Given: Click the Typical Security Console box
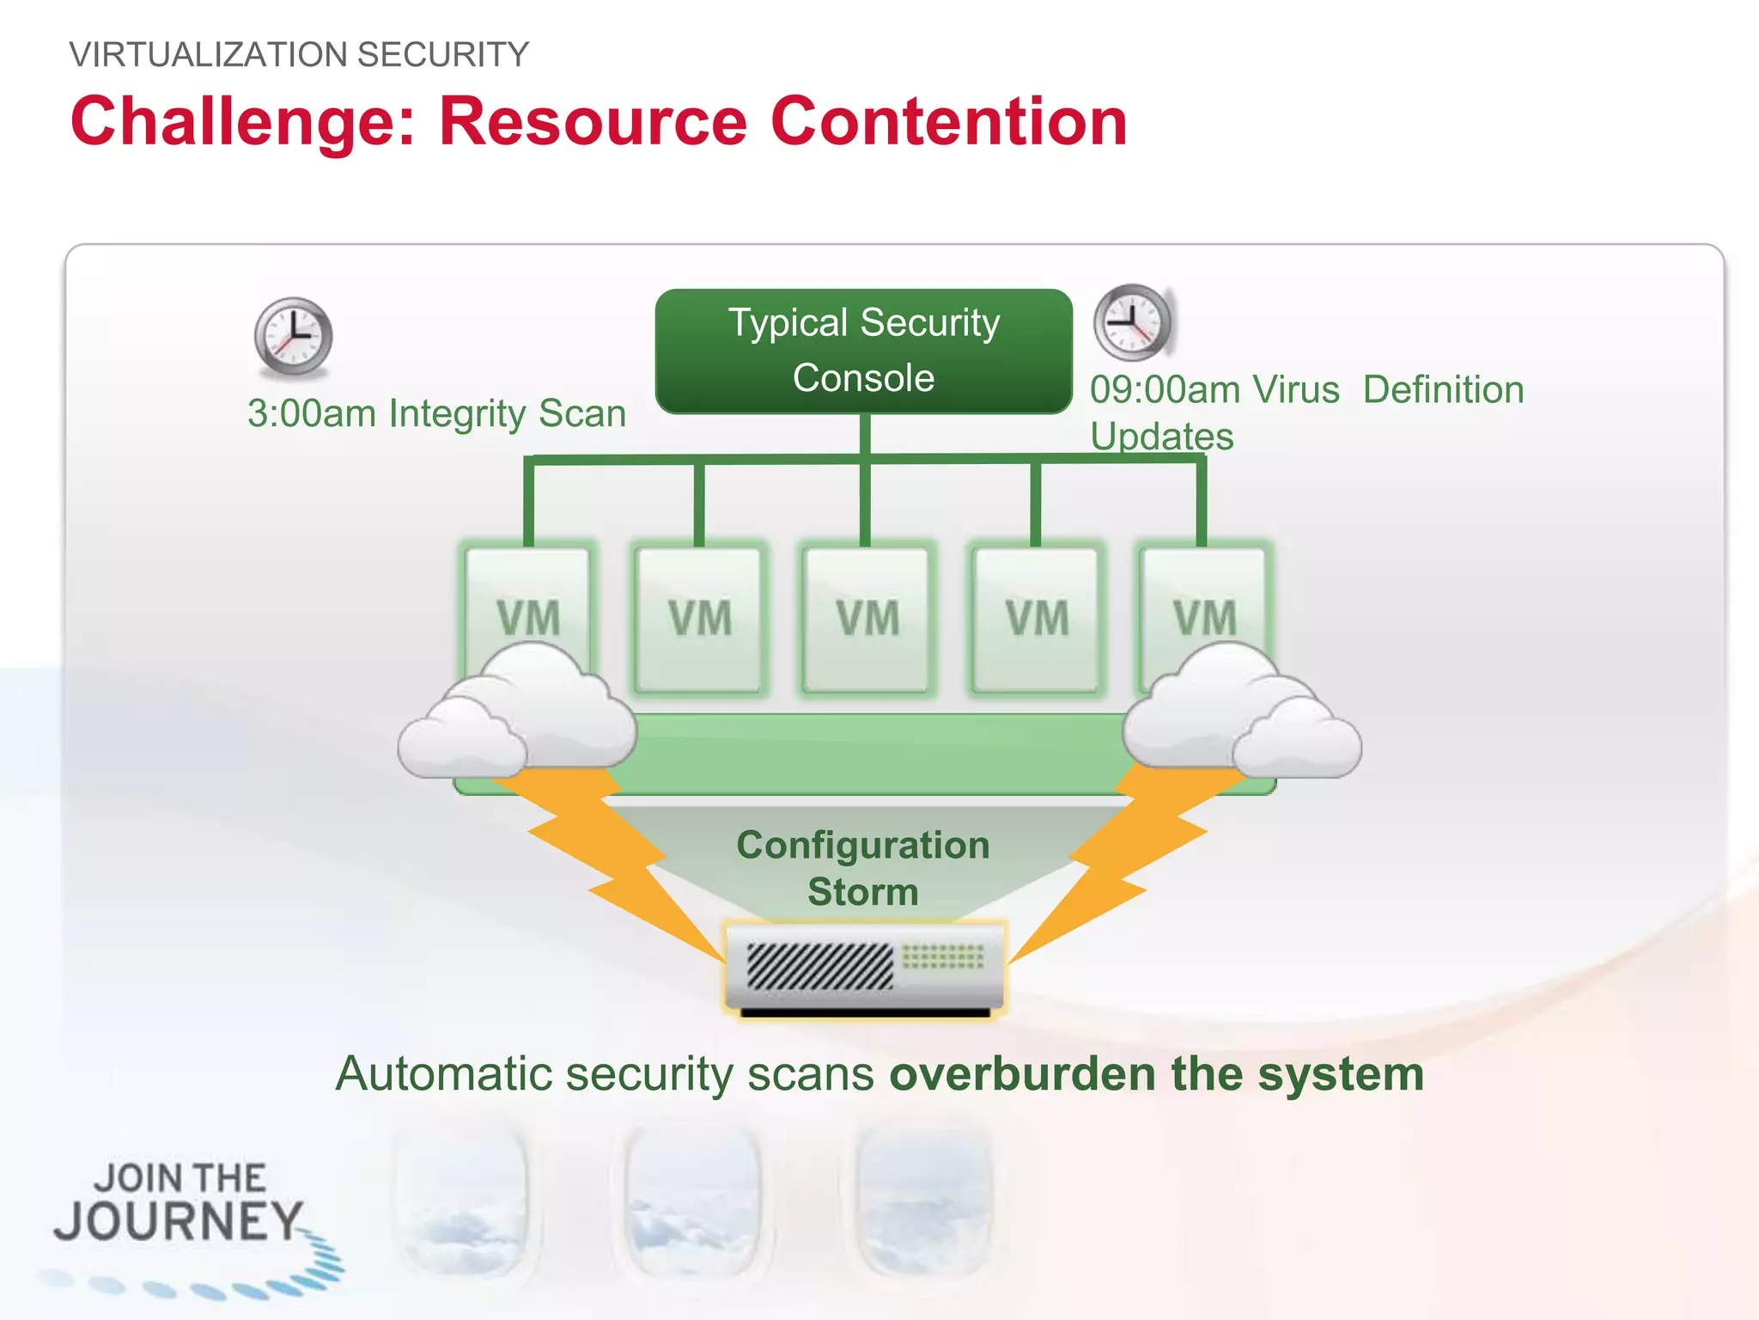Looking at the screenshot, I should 863,351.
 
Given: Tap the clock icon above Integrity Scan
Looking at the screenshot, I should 293,336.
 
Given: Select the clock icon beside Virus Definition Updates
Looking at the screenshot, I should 1132,322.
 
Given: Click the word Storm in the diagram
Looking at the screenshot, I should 862,892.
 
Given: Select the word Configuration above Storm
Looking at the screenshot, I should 862,846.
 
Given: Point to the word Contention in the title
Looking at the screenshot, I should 948,122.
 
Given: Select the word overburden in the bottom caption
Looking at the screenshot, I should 1021,1074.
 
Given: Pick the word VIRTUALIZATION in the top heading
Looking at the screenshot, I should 208,55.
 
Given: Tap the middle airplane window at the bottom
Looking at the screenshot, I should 692,1203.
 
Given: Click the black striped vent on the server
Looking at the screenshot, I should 819,966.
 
